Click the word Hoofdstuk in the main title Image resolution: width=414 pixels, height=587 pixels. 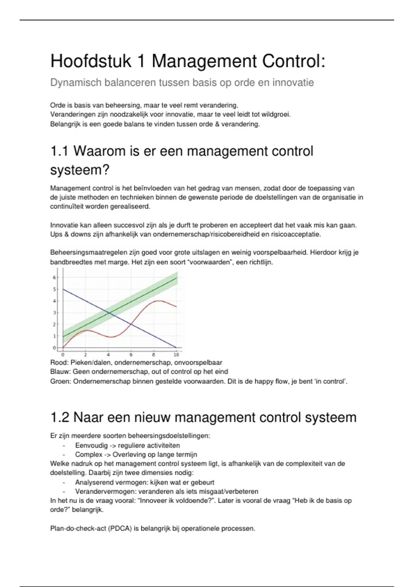(x=91, y=61)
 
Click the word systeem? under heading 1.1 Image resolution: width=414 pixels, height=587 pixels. (x=80, y=170)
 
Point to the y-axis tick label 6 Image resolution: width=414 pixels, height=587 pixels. (x=54, y=277)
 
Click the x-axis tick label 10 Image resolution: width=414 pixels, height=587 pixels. (x=176, y=355)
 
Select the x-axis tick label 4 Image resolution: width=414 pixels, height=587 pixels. (x=108, y=355)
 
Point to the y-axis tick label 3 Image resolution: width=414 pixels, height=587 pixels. (x=54, y=313)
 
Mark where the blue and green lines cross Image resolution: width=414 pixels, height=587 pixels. (x=109, y=312)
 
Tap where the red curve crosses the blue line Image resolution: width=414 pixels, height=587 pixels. (x=131, y=324)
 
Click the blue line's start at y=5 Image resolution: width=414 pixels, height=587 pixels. (x=63, y=289)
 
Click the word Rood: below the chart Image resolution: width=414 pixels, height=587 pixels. (x=59, y=363)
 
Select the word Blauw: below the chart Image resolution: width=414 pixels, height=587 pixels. (x=60, y=372)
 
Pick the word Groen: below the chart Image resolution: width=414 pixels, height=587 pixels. (x=60, y=382)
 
